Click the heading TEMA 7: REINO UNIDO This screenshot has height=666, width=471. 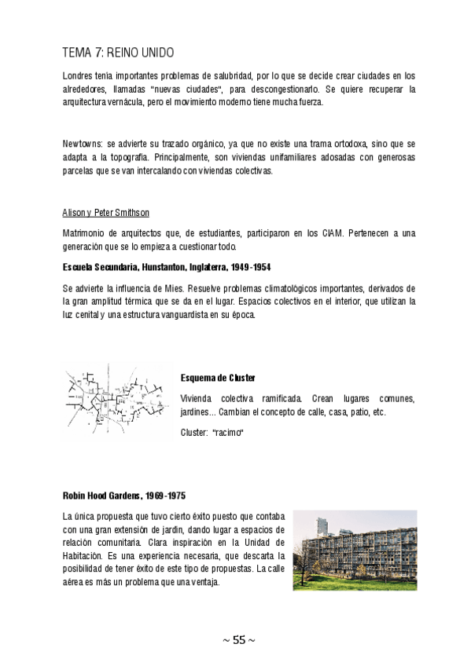(118, 53)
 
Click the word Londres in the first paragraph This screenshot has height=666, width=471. (78, 76)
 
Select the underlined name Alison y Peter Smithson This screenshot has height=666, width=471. (105, 214)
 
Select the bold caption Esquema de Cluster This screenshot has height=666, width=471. (218, 378)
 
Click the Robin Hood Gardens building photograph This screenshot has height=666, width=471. (355, 550)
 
